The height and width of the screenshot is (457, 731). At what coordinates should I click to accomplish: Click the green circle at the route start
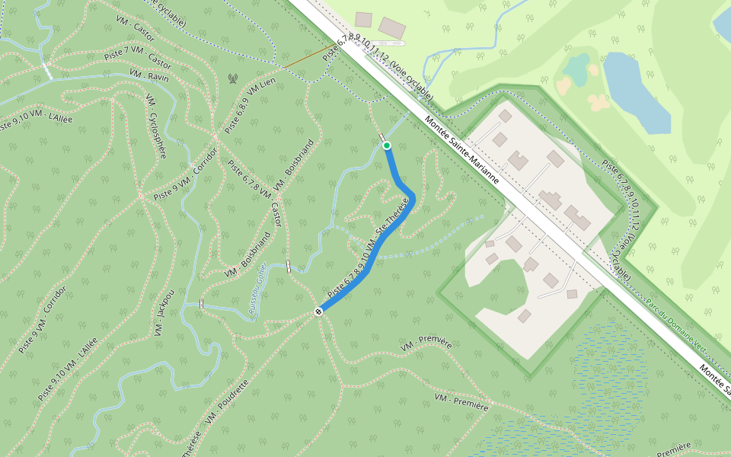pyautogui.click(x=387, y=145)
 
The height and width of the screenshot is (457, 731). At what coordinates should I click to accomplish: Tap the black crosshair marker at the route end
pyautogui.click(x=319, y=311)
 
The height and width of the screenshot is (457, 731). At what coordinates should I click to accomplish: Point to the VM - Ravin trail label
pyautogui.click(x=148, y=75)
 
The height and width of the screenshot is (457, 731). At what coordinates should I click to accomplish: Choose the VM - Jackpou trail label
pyautogui.click(x=164, y=312)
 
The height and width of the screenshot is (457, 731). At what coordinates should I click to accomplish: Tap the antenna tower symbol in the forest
pyautogui.click(x=233, y=78)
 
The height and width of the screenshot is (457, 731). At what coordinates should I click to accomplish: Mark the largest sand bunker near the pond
pyautogui.click(x=599, y=102)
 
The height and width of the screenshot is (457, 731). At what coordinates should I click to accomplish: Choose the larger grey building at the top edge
pyautogui.click(x=392, y=28)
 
